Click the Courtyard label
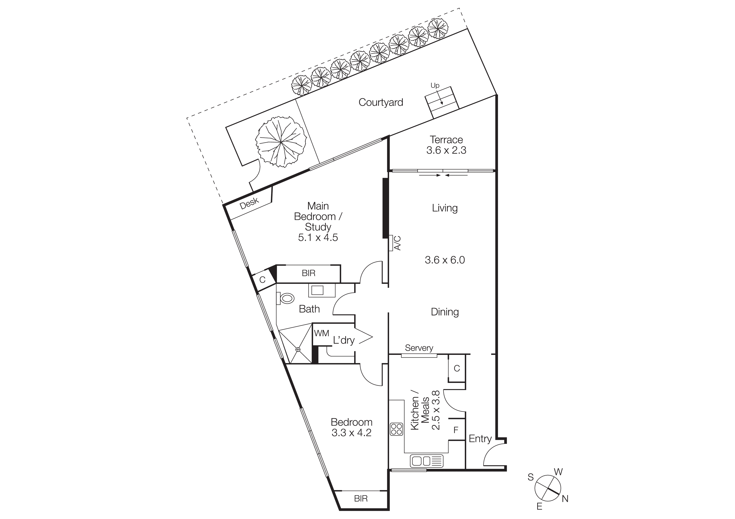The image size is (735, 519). tap(381, 102)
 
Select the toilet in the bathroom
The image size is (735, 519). tap(286, 298)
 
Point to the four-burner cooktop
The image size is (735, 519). tap(396, 429)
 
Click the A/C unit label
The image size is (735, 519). tap(397, 243)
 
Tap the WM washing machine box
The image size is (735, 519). tap(321, 334)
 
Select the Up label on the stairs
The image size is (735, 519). tap(435, 85)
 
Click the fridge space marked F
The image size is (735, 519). tap(456, 430)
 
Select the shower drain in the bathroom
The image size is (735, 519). tap(298, 349)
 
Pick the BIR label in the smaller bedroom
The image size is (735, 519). tap(361, 498)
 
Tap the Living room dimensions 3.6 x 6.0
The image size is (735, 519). tap(445, 260)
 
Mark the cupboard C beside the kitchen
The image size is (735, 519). tap(457, 368)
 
